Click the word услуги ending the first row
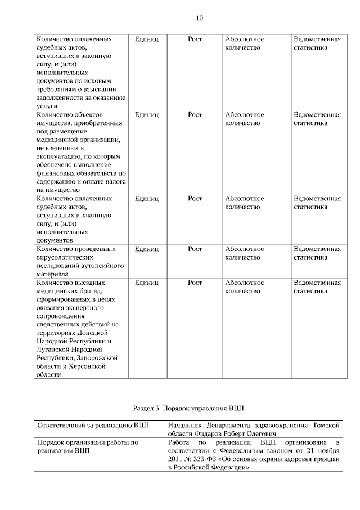coord(47,105)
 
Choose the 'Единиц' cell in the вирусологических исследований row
coord(147,249)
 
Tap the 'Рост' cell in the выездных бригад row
coord(195,283)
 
